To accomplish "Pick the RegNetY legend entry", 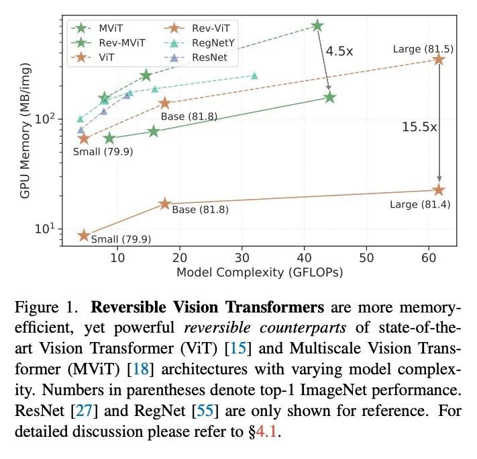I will click(x=209, y=43).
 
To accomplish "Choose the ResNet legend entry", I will click(x=206, y=58).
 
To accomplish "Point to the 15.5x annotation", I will click(x=419, y=126).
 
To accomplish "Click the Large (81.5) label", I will click(x=423, y=48).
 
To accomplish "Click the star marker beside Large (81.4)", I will click(x=439, y=190).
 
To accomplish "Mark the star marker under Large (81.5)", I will click(x=439, y=60).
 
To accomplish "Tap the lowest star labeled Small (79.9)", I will click(x=84, y=235).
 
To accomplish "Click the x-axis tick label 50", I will click(x=366, y=257).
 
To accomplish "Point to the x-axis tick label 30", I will click(x=242, y=257).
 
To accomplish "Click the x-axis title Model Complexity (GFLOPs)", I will click(x=260, y=273).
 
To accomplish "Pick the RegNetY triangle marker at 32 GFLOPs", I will click(x=254, y=75).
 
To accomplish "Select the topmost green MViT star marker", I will click(x=317, y=26).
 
